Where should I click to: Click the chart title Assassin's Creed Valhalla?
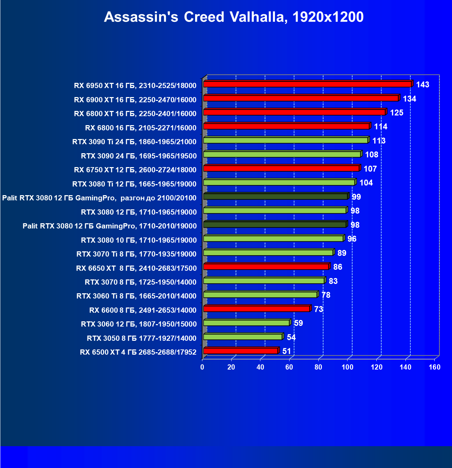(234, 17)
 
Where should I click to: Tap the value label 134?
(409, 99)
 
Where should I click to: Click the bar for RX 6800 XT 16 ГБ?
(294, 112)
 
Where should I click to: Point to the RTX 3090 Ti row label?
(134, 141)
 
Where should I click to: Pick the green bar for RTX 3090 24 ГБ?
(282, 154)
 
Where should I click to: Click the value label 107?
(370, 169)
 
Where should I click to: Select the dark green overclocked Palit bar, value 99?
(275, 197)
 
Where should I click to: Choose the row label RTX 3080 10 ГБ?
(139, 240)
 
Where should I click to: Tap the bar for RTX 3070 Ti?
(268, 253)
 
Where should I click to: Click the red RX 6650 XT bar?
(266, 267)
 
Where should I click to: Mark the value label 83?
(333, 281)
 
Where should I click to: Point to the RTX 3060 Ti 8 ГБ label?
(136, 296)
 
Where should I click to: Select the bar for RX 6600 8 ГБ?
(256, 309)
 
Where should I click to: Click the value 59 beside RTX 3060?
(298, 323)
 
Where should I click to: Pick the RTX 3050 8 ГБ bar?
(243, 337)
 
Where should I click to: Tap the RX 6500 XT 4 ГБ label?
(138, 352)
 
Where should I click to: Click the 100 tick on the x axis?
(347, 367)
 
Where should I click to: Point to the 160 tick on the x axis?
(434, 367)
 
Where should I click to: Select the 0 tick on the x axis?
(202, 367)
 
